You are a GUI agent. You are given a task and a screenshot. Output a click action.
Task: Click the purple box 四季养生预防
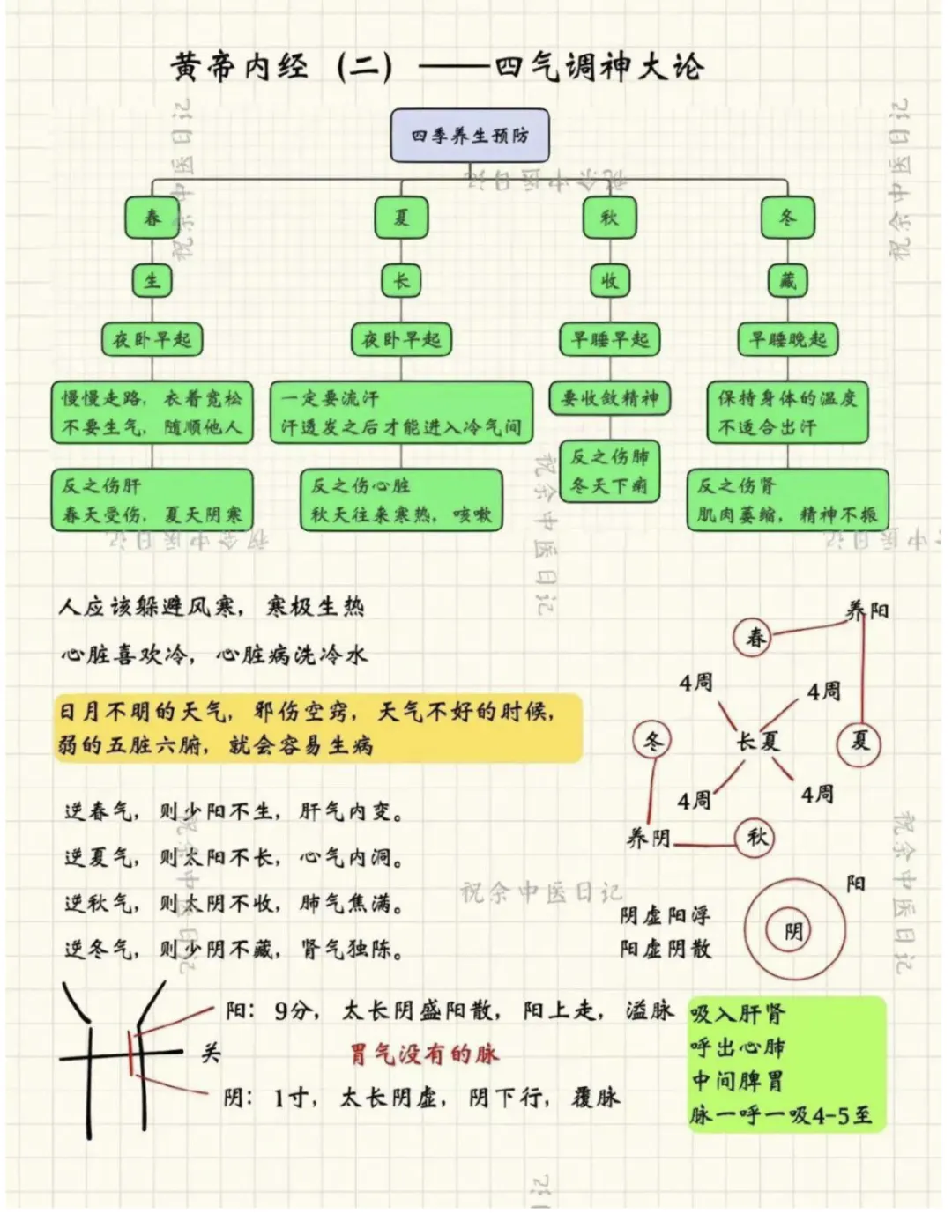click(x=470, y=136)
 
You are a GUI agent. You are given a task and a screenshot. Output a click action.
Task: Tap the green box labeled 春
click(x=152, y=218)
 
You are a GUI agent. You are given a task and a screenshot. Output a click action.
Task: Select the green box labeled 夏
click(x=401, y=218)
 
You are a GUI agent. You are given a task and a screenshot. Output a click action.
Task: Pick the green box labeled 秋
click(x=609, y=218)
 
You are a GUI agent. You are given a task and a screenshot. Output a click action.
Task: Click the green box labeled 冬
click(x=787, y=218)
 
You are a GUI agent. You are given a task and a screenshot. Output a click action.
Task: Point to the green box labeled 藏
click(x=787, y=281)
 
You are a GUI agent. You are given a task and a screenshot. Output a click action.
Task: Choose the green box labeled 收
click(x=609, y=281)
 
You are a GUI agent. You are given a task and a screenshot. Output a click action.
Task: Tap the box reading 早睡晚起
click(x=787, y=339)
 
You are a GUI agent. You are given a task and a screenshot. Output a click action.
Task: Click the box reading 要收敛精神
click(x=609, y=398)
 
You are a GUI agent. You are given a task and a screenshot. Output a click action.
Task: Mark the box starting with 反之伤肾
click(x=787, y=499)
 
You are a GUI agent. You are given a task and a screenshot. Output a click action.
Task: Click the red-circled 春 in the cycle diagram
click(x=755, y=637)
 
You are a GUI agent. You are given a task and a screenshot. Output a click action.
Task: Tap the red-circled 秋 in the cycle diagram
click(x=756, y=836)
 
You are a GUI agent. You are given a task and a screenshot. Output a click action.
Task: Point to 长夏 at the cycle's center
click(x=758, y=742)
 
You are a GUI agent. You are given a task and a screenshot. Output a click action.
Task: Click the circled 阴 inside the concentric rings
click(x=793, y=931)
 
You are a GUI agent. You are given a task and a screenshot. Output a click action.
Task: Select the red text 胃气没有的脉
click(x=424, y=1053)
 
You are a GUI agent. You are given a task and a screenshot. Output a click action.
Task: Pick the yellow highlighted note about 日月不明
click(x=317, y=728)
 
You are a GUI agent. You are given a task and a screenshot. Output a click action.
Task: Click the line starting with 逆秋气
click(x=234, y=903)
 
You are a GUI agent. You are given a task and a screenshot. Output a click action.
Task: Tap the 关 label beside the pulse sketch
click(x=211, y=1052)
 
